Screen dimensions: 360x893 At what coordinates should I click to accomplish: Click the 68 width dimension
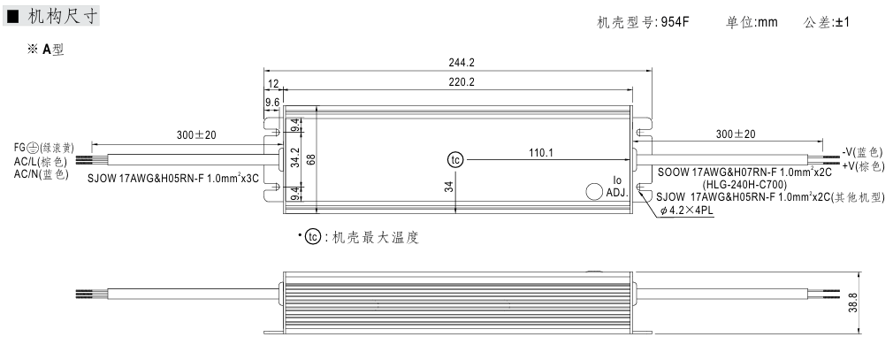(x=311, y=159)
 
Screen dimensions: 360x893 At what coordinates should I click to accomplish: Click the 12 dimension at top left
(x=273, y=83)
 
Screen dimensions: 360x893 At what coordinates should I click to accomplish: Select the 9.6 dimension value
(x=272, y=103)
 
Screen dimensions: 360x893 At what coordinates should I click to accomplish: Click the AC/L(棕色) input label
(x=41, y=162)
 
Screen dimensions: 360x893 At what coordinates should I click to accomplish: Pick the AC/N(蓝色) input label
(x=41, y=174)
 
